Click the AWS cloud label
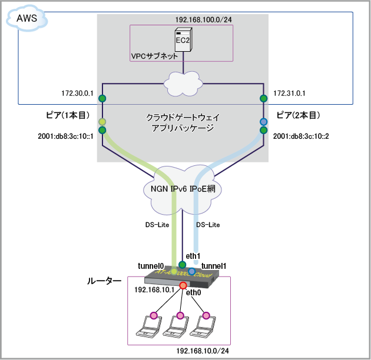pos(26,19)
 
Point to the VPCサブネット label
pos(154,56)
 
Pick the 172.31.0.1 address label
pos(289,94)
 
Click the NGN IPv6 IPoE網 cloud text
pos(184,189)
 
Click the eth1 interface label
pos(193,256)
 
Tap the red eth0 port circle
pos(183,286)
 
